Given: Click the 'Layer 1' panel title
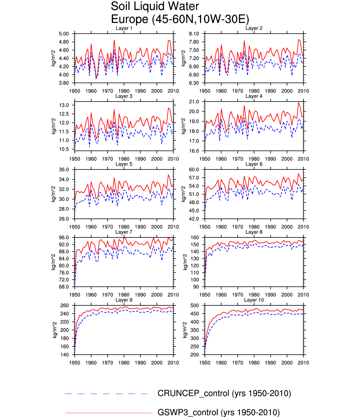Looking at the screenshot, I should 124,28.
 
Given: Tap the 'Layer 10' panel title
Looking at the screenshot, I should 254,300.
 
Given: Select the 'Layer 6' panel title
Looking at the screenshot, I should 254,164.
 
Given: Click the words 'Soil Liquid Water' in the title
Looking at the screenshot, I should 155,6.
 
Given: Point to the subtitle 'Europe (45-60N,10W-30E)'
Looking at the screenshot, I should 180,19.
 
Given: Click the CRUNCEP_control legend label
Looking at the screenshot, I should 224,393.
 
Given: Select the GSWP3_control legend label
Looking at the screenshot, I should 219,413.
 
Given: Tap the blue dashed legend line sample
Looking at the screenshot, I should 106,394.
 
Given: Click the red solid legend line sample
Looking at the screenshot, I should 108,413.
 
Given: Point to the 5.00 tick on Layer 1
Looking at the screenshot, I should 64,34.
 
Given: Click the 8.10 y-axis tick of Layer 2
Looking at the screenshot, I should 194,34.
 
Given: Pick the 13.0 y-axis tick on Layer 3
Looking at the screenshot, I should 64,105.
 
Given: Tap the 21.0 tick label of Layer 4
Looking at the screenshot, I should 194,102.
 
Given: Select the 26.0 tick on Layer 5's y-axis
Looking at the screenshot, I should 64,219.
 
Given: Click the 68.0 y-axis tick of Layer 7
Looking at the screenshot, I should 64,287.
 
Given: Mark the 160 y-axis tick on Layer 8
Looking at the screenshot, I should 195,238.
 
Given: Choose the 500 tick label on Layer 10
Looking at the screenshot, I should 195,306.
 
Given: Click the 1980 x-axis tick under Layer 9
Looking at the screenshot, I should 124,363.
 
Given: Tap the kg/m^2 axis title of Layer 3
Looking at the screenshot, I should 54,126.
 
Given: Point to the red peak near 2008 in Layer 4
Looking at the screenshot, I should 298,103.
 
